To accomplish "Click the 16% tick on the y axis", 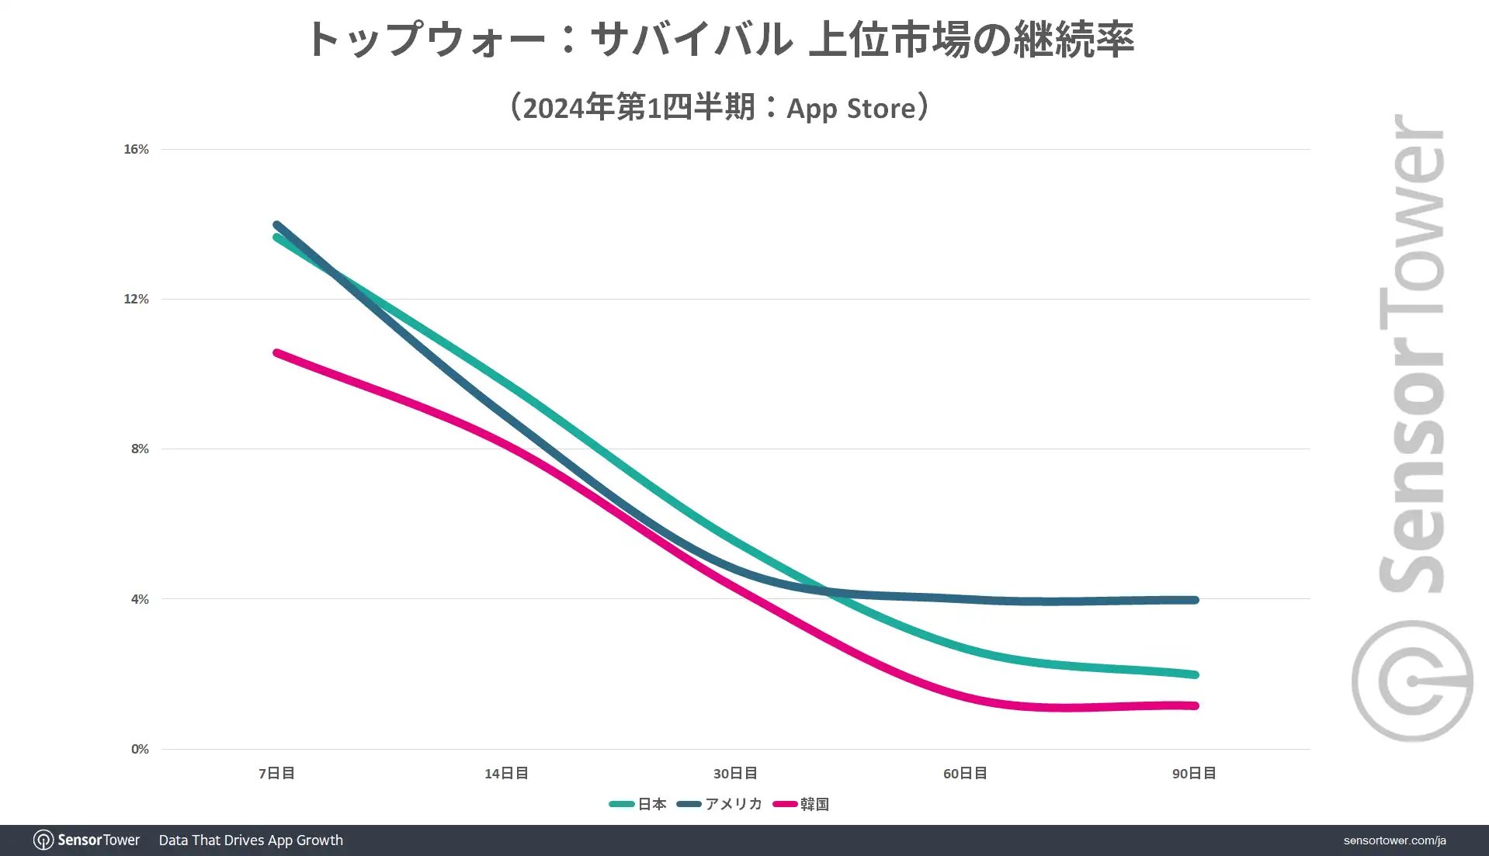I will tap(136, 149).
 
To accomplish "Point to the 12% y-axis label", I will tap(136, 299).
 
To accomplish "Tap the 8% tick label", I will tap(140, 449).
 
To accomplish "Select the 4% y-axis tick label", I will tap(140, 599).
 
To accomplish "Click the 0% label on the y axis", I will tap(140, 749).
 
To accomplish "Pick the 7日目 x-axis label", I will tap(276, 773).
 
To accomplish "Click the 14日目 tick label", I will tap(506, 773).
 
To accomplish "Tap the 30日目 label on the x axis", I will tap(735, 773).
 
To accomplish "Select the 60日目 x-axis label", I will tap(965, 773).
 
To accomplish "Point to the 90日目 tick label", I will tap(1194, 773).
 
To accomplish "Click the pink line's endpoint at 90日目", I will tap(1195, 705).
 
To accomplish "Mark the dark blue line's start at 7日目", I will tap(277, 225).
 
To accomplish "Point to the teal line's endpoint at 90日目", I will tap(1195, 674).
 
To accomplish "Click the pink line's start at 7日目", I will tap(277, 353).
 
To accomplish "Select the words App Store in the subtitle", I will tap(851, 108).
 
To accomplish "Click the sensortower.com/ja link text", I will tap(1394, 840).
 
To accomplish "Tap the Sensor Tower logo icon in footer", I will tap(43, 840).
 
